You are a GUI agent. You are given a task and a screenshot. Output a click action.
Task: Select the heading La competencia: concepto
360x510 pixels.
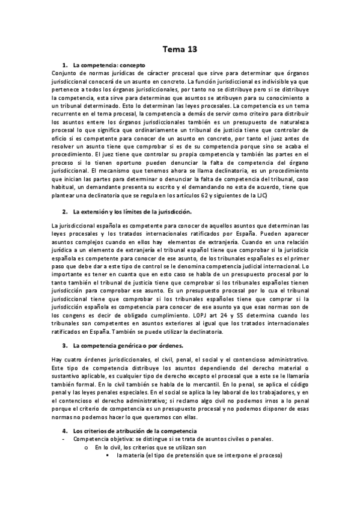(x=109, y=65)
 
